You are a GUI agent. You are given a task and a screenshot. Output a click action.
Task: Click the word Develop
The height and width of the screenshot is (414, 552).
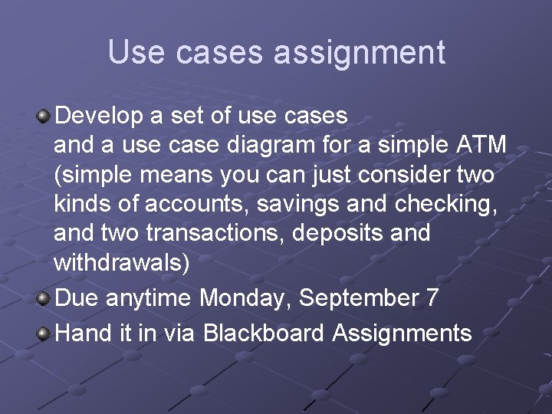pyautogui.click(x=99, y=116)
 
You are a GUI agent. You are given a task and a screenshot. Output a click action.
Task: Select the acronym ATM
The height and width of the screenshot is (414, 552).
pyautogui.click(x=480, y=145)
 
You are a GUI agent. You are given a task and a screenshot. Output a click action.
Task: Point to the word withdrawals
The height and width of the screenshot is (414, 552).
pyautogui.click(x=121, y=261)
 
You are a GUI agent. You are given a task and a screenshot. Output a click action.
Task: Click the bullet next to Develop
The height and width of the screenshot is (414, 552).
pyautogui.click(x=44, y=117)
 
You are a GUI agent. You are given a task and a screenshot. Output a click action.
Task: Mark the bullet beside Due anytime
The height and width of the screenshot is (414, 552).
pyautogui.click(x=44, y=297)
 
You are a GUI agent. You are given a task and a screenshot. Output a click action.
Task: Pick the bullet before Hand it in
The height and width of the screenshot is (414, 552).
pyautogui.click(x=44, y=333)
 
